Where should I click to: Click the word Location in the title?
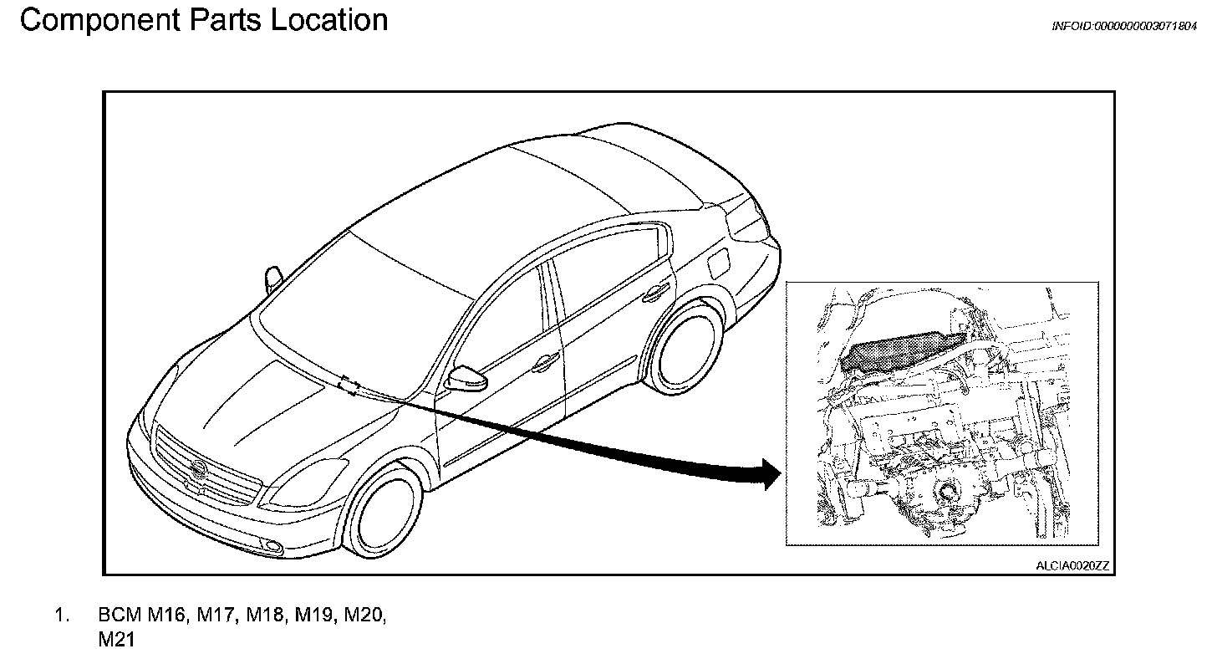(328, 20)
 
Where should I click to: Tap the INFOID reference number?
(1123, 26)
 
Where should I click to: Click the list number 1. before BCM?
(62, 616)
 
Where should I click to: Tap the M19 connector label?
(315, 616)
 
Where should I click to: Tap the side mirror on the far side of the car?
(272, 278)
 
